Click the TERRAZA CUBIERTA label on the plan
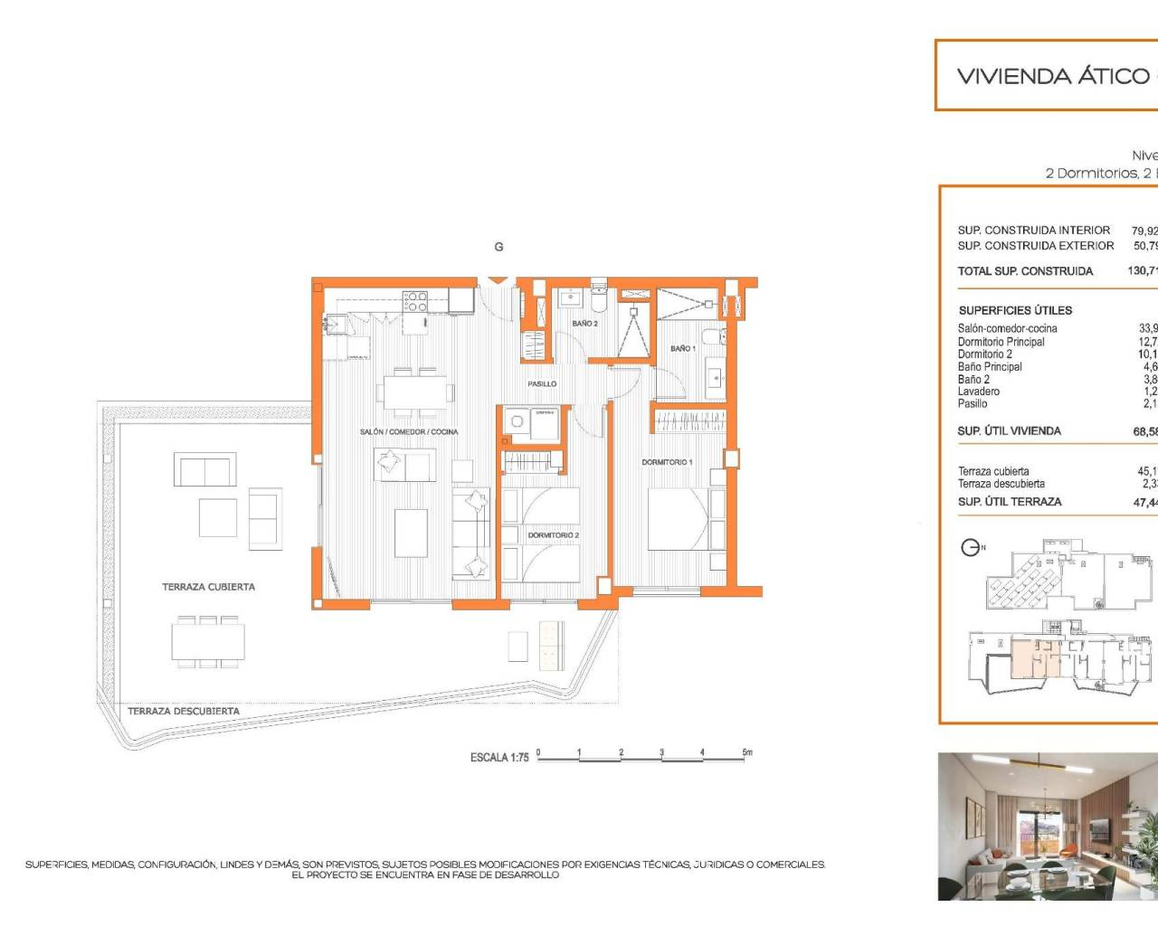pyautogui.click(x=208, y=587)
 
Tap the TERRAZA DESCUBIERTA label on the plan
pyautogui.click(x=184, y=712)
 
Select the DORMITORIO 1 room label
pyautogui.click(x=667, y=462)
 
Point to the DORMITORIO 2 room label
pyautogui.click(x=553, y=535)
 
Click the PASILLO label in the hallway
pyautogui.click(x=542, y=384)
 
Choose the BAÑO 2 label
pyautogui.click(x=584, y=324)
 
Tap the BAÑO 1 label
pyautogui.click(x=682, y=348)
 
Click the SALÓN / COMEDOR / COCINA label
pyautogui.click(x=409, y=432)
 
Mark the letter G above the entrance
pyautogui.click(x=498, y=247)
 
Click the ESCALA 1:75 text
pyautogui.click(x=499, y=758)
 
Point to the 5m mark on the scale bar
pyautogui.click(x=746, y=752)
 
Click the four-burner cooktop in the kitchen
pyautogui.click(x=415, y=301)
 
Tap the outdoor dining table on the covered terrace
pyautogui.click(x=208, y=642)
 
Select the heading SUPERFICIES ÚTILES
pyautogui.click(x=1015, y=310)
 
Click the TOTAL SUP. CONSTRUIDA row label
pyautogui.click(x=1025, y=271)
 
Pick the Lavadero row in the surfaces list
pyautogui.click(x=979, y=392)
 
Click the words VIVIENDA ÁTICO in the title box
pyautogui.click(x=1040, y=76)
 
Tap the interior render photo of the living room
pyautogui.click(x=1048, y=827)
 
